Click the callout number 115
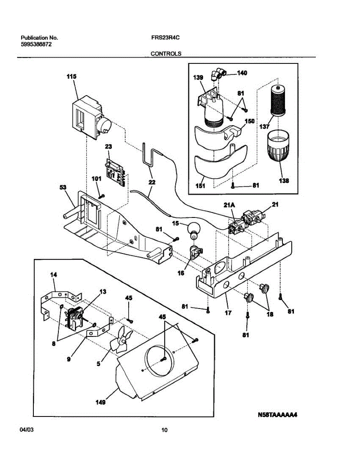(71, 76)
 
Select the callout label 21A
(229, 205)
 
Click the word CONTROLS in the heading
(166, 54)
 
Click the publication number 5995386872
(36, 44)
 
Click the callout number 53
(63, 187)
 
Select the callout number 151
(200, 186)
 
